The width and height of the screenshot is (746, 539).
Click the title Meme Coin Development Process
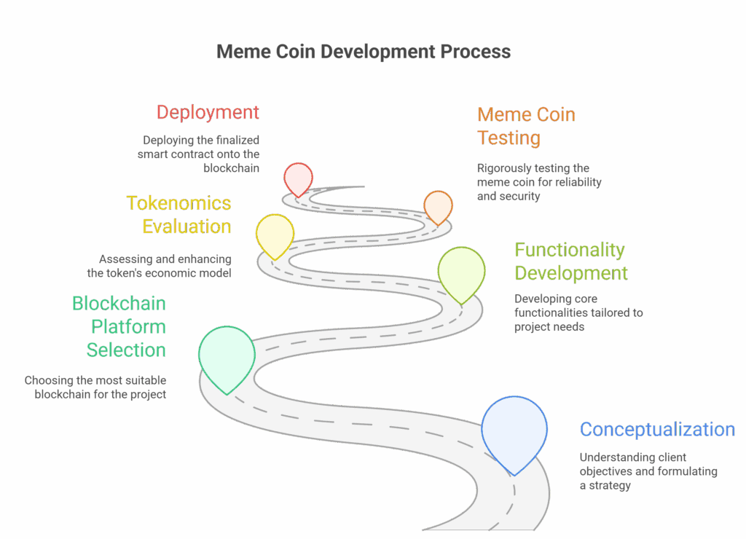364,52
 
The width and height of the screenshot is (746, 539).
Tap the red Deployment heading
208,113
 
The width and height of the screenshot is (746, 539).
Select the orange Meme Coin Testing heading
526,126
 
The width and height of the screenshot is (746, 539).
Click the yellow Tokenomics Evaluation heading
179,215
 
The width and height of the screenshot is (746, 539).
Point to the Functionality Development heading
570,261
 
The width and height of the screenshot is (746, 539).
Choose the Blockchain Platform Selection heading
119,326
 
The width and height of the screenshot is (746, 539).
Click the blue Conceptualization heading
657,430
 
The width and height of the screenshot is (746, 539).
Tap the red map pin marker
299,178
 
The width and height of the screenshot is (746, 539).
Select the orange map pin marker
438,205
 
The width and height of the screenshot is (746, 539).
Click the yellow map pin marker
275,234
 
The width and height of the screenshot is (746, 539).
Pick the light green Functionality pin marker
461,272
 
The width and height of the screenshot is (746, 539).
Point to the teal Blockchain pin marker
227,356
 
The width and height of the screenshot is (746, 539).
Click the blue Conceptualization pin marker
514,430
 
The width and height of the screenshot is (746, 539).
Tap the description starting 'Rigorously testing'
539,182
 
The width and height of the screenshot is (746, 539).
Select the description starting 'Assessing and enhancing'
159,267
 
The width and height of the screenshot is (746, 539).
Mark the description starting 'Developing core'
578,312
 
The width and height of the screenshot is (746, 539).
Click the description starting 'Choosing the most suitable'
95,387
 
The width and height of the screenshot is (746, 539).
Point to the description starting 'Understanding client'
648,471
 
